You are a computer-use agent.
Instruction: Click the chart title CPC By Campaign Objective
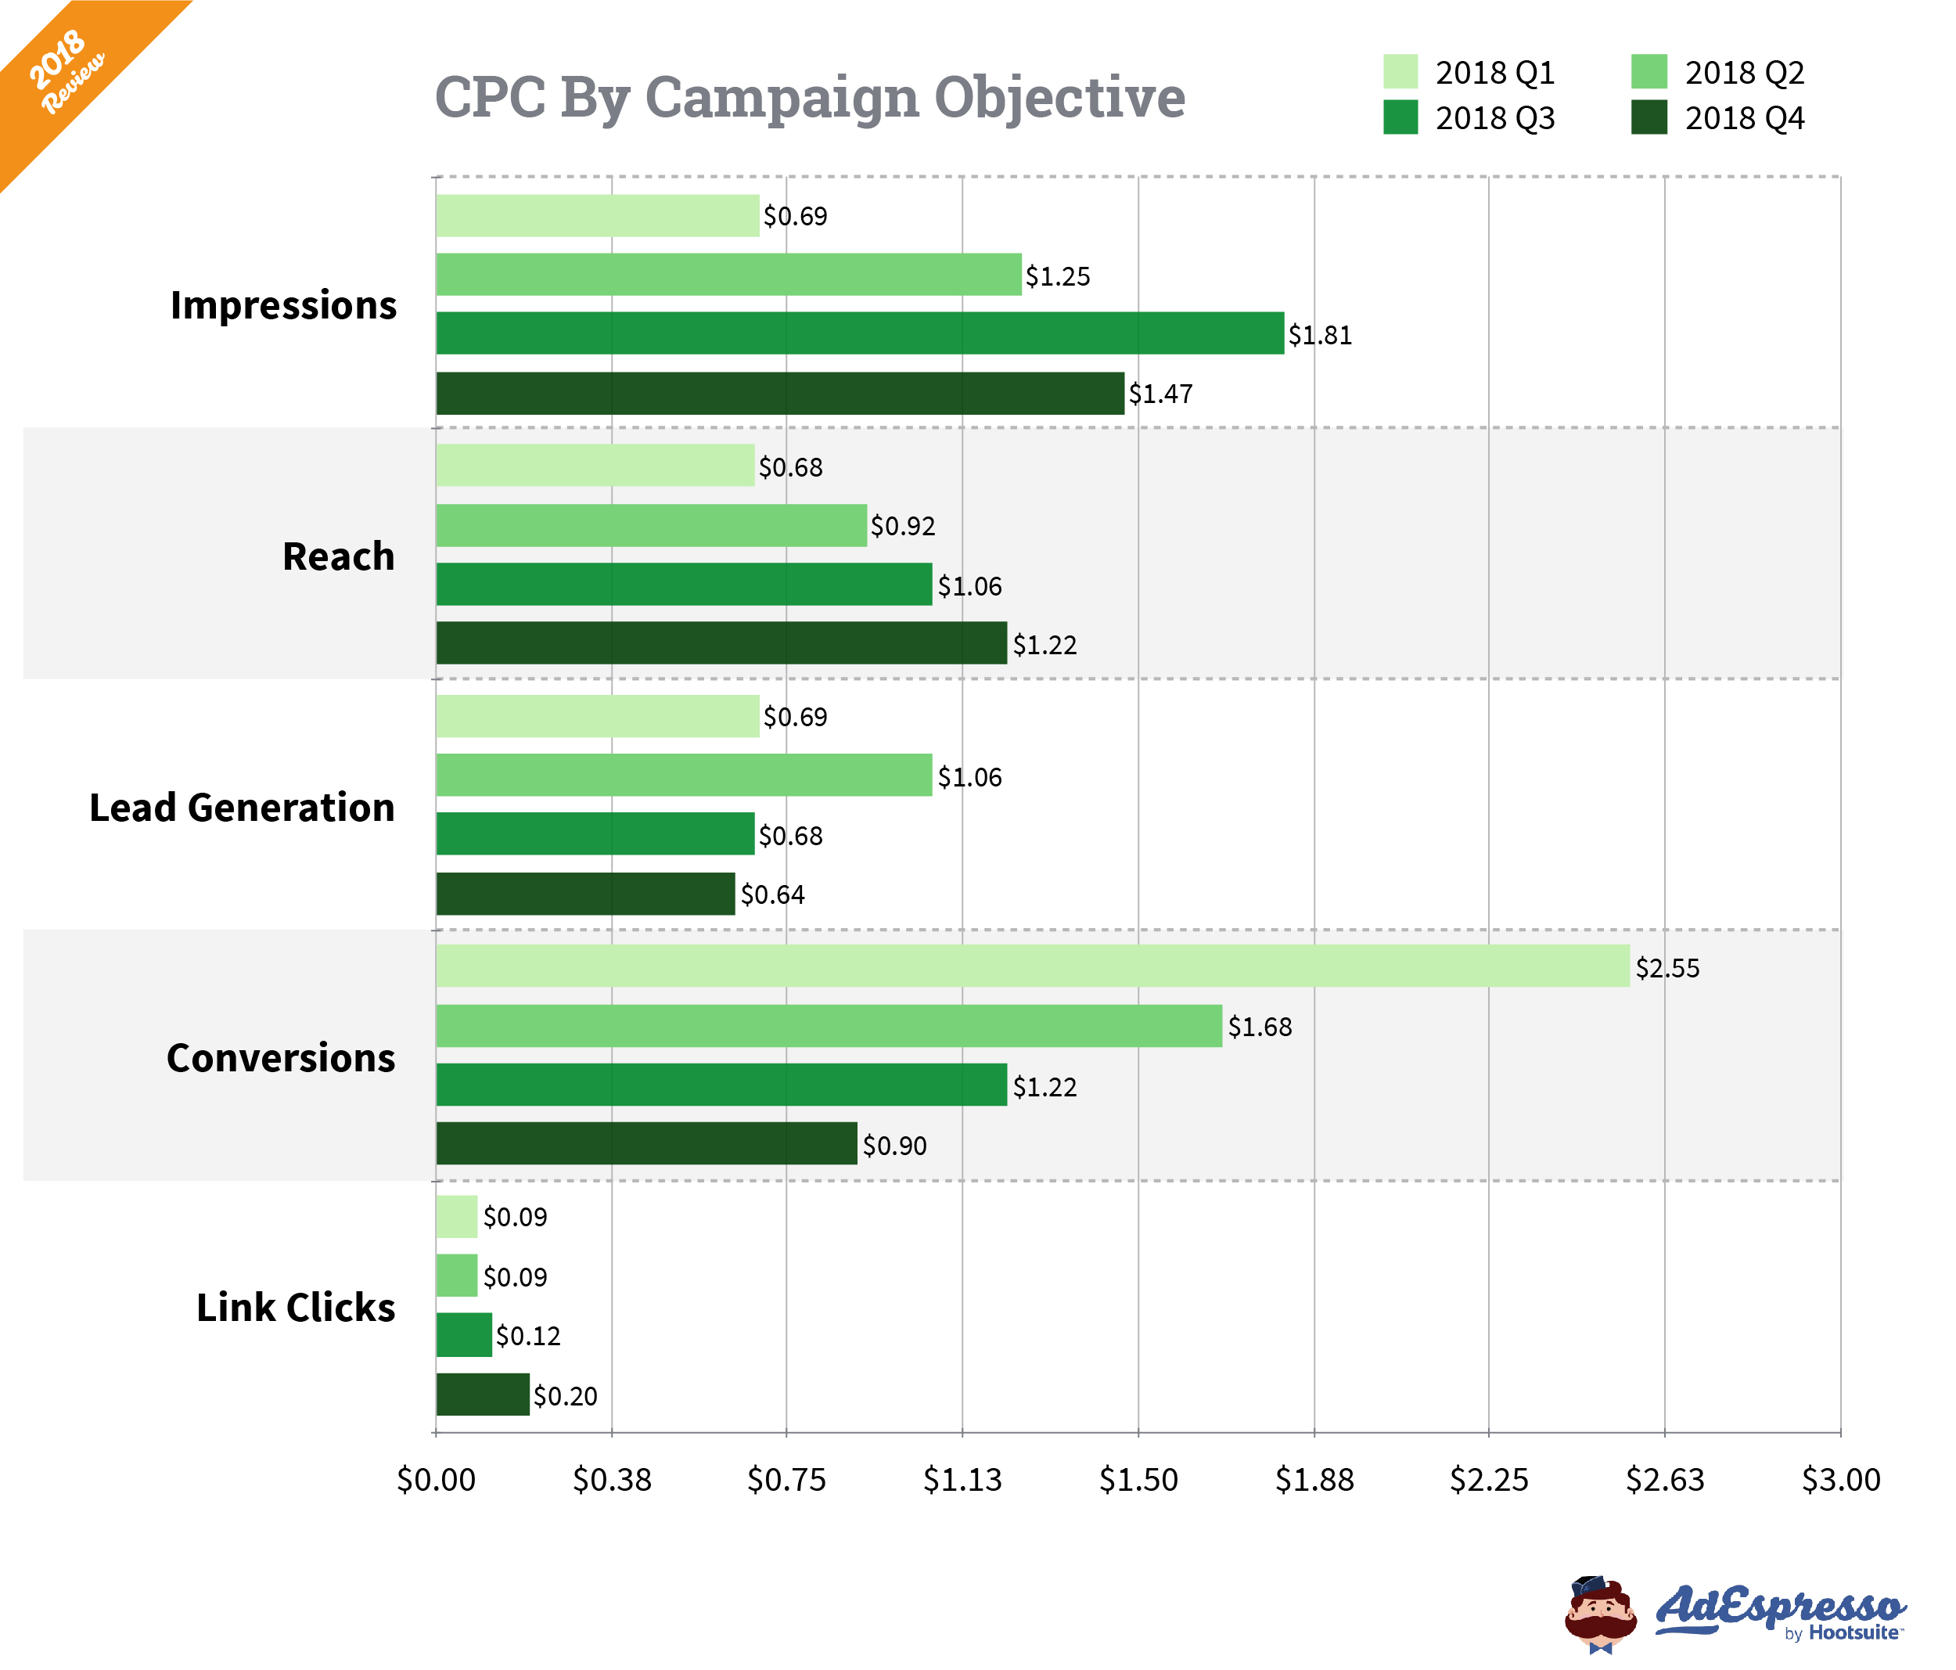pyautogui.click(x=809, y=97)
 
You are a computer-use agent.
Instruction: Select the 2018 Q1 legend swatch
pyautogui.click(x=1400, y=72)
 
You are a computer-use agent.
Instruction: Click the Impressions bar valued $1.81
pyautogui.click(x=859, y=333)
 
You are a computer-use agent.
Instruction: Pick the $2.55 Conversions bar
pyautogui.click(x=1032, y=966)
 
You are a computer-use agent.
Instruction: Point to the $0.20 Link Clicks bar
pyautogui.click(x=483, y=1395)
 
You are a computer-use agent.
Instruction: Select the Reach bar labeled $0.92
pyautogui.click(x=652, y=525)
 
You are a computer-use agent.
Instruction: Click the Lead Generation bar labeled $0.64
pyautogui.click(x=585, y=893)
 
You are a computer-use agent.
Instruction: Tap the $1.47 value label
pyautogui.click(x=1160, y=394)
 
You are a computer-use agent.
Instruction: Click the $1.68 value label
pyautogui.click(x=1260, y=1026)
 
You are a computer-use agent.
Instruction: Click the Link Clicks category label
pyautogui.click(x=296, y=1308)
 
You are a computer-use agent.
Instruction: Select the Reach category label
pyautogui.click(x=338, y=556)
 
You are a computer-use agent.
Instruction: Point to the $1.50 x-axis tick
pyautogui.click(x=1138, y=1478)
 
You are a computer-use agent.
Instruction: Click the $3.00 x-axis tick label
pyautogui.click(x=1841, y=1478)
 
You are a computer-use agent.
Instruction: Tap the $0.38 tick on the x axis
pyautogui.click(x=612, y=1478)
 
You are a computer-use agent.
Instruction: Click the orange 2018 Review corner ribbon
pyautogui.click(x=66, y=70)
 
